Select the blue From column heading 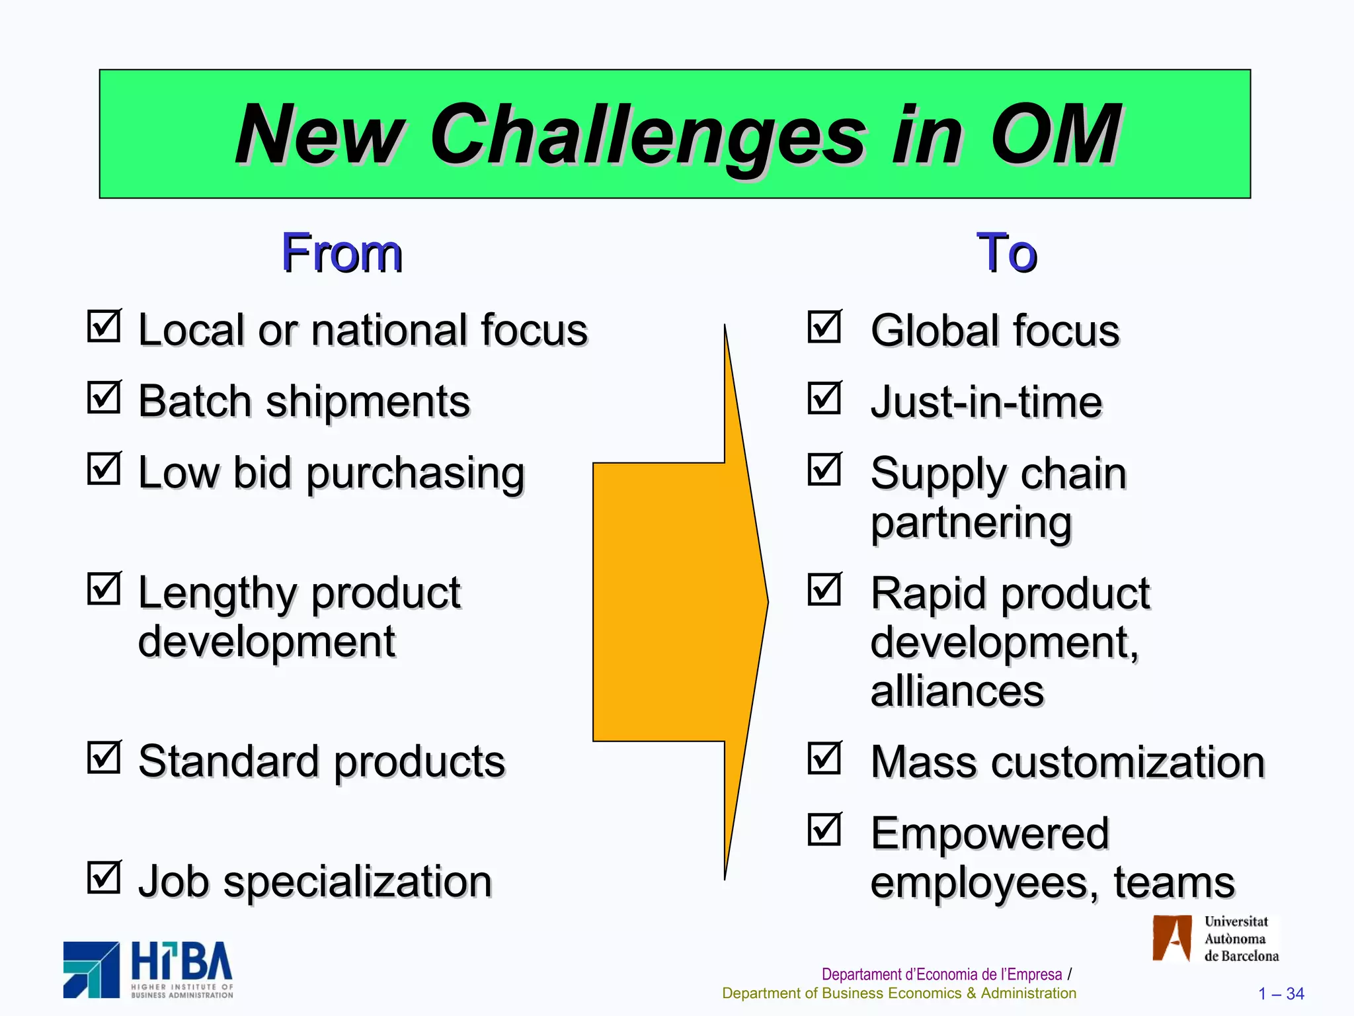pos(342,253)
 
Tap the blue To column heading pos(1006,253)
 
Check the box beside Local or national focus pos(104,326)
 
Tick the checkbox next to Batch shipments pos(104,398)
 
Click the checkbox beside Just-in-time pos(824,398)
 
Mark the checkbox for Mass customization pos(824,758)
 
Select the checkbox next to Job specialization pos(104,878)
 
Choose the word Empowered pos(989,833)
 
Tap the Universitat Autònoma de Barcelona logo pos(1215,939)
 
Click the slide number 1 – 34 pos(1281,994)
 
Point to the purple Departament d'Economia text pos(941,974)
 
